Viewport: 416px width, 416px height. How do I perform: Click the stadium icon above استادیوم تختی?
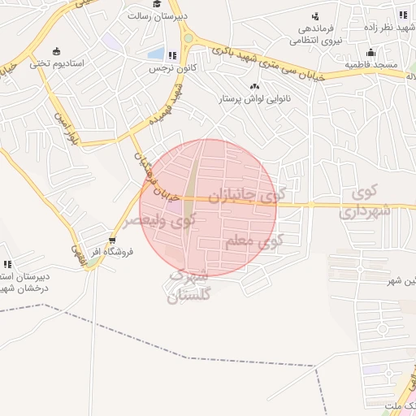tap(56, 50)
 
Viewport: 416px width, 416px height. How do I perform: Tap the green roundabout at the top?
tap(188, 37)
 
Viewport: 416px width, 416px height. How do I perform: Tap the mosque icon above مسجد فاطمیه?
tap(372, 52)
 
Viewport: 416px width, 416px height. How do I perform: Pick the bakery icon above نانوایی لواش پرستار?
tap(255, 86)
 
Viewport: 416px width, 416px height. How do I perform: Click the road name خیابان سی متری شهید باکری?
tap(272, 63)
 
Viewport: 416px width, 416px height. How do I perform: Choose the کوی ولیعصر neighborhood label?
tap(159, 220)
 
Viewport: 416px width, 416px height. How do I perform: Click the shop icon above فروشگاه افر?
tap(112, 240)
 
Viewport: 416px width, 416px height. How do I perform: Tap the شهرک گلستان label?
tap(188, 286)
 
